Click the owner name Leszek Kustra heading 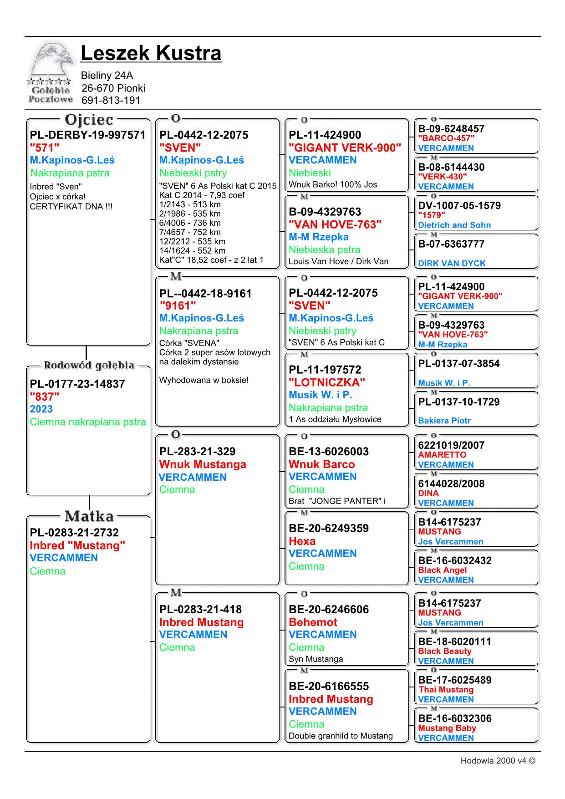[x=151, y=53]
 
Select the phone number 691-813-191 [x=111, y=101]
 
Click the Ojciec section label [x=89, y=120]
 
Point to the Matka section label [x=89, y=516]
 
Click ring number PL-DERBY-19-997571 [x=87, y=135]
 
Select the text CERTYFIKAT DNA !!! [x=71, y=207]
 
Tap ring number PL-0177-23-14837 [x=77, y=384]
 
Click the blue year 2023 [x=41, y=409]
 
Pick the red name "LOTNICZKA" [x=327, y=382]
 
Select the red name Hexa [x=302, y=541]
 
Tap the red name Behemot [x=313, y=622]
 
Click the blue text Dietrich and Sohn [x=454, y=225]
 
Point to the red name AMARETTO [x=442, y=455]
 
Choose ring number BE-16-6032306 [x=455, y=718]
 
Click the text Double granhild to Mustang [x=341, y=736]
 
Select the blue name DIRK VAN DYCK [x=452, y=263]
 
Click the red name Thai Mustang [x=446, y=690]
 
